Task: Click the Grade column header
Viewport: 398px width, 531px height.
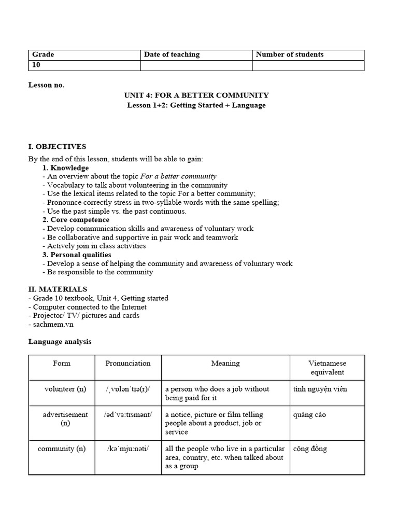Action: (x=43, y=54)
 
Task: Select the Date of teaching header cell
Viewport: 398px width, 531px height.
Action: (x=172, y=54)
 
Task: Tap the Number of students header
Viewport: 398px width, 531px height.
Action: (x=290, y=54)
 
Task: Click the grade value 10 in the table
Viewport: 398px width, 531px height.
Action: (x=36, y=65)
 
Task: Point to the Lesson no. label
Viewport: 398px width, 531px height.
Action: (x=46, y=85)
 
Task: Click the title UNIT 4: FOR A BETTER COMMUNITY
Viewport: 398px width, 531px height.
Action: (x=196, y=95)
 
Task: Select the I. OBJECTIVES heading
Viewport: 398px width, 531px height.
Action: (x=57, y=147)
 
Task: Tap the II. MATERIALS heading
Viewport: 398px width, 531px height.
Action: (x=58, y=289)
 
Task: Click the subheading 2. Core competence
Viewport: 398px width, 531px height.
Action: (x=76, y=220)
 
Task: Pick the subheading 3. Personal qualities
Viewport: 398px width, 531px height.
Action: (x=77, y=255)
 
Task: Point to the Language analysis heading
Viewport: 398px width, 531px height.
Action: (x=60, y=341)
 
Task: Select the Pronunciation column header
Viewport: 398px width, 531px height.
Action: (x=128, y=364)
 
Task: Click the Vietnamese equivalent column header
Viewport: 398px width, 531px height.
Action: (x=327, y=368)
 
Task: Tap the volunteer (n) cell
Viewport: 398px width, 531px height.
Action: (x=65, y=389)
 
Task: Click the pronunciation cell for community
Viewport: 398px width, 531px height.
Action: (x=127, y=449)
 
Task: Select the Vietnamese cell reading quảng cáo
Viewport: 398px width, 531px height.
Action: (x=309, y=415)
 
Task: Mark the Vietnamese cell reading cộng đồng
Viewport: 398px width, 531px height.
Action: (x=310, y=449)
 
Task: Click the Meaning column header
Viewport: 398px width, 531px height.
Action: (x=225, y=364)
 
